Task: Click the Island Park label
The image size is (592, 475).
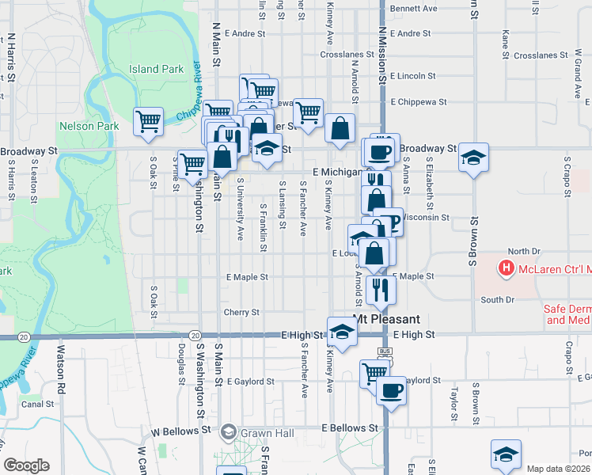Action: click(x=157, y=70)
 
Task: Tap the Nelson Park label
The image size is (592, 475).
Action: click(x=89, y=126)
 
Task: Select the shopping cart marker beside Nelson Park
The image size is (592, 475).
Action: click(x=148, y=122)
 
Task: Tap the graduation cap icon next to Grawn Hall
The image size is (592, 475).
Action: click(x=229, y=432)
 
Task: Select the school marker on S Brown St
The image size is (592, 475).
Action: click(x=473, y=158)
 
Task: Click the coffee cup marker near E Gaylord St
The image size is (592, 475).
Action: click(x=390, y=389)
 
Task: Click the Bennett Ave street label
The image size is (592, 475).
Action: click(x=413, y=9)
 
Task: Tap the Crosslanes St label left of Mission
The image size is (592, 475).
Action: click(x=347, y=55)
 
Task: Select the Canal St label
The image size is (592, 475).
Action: click(x=37, y=404)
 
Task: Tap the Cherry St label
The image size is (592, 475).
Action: click(x=241, y=313)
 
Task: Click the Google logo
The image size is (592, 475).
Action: click(x=26, y=465)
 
